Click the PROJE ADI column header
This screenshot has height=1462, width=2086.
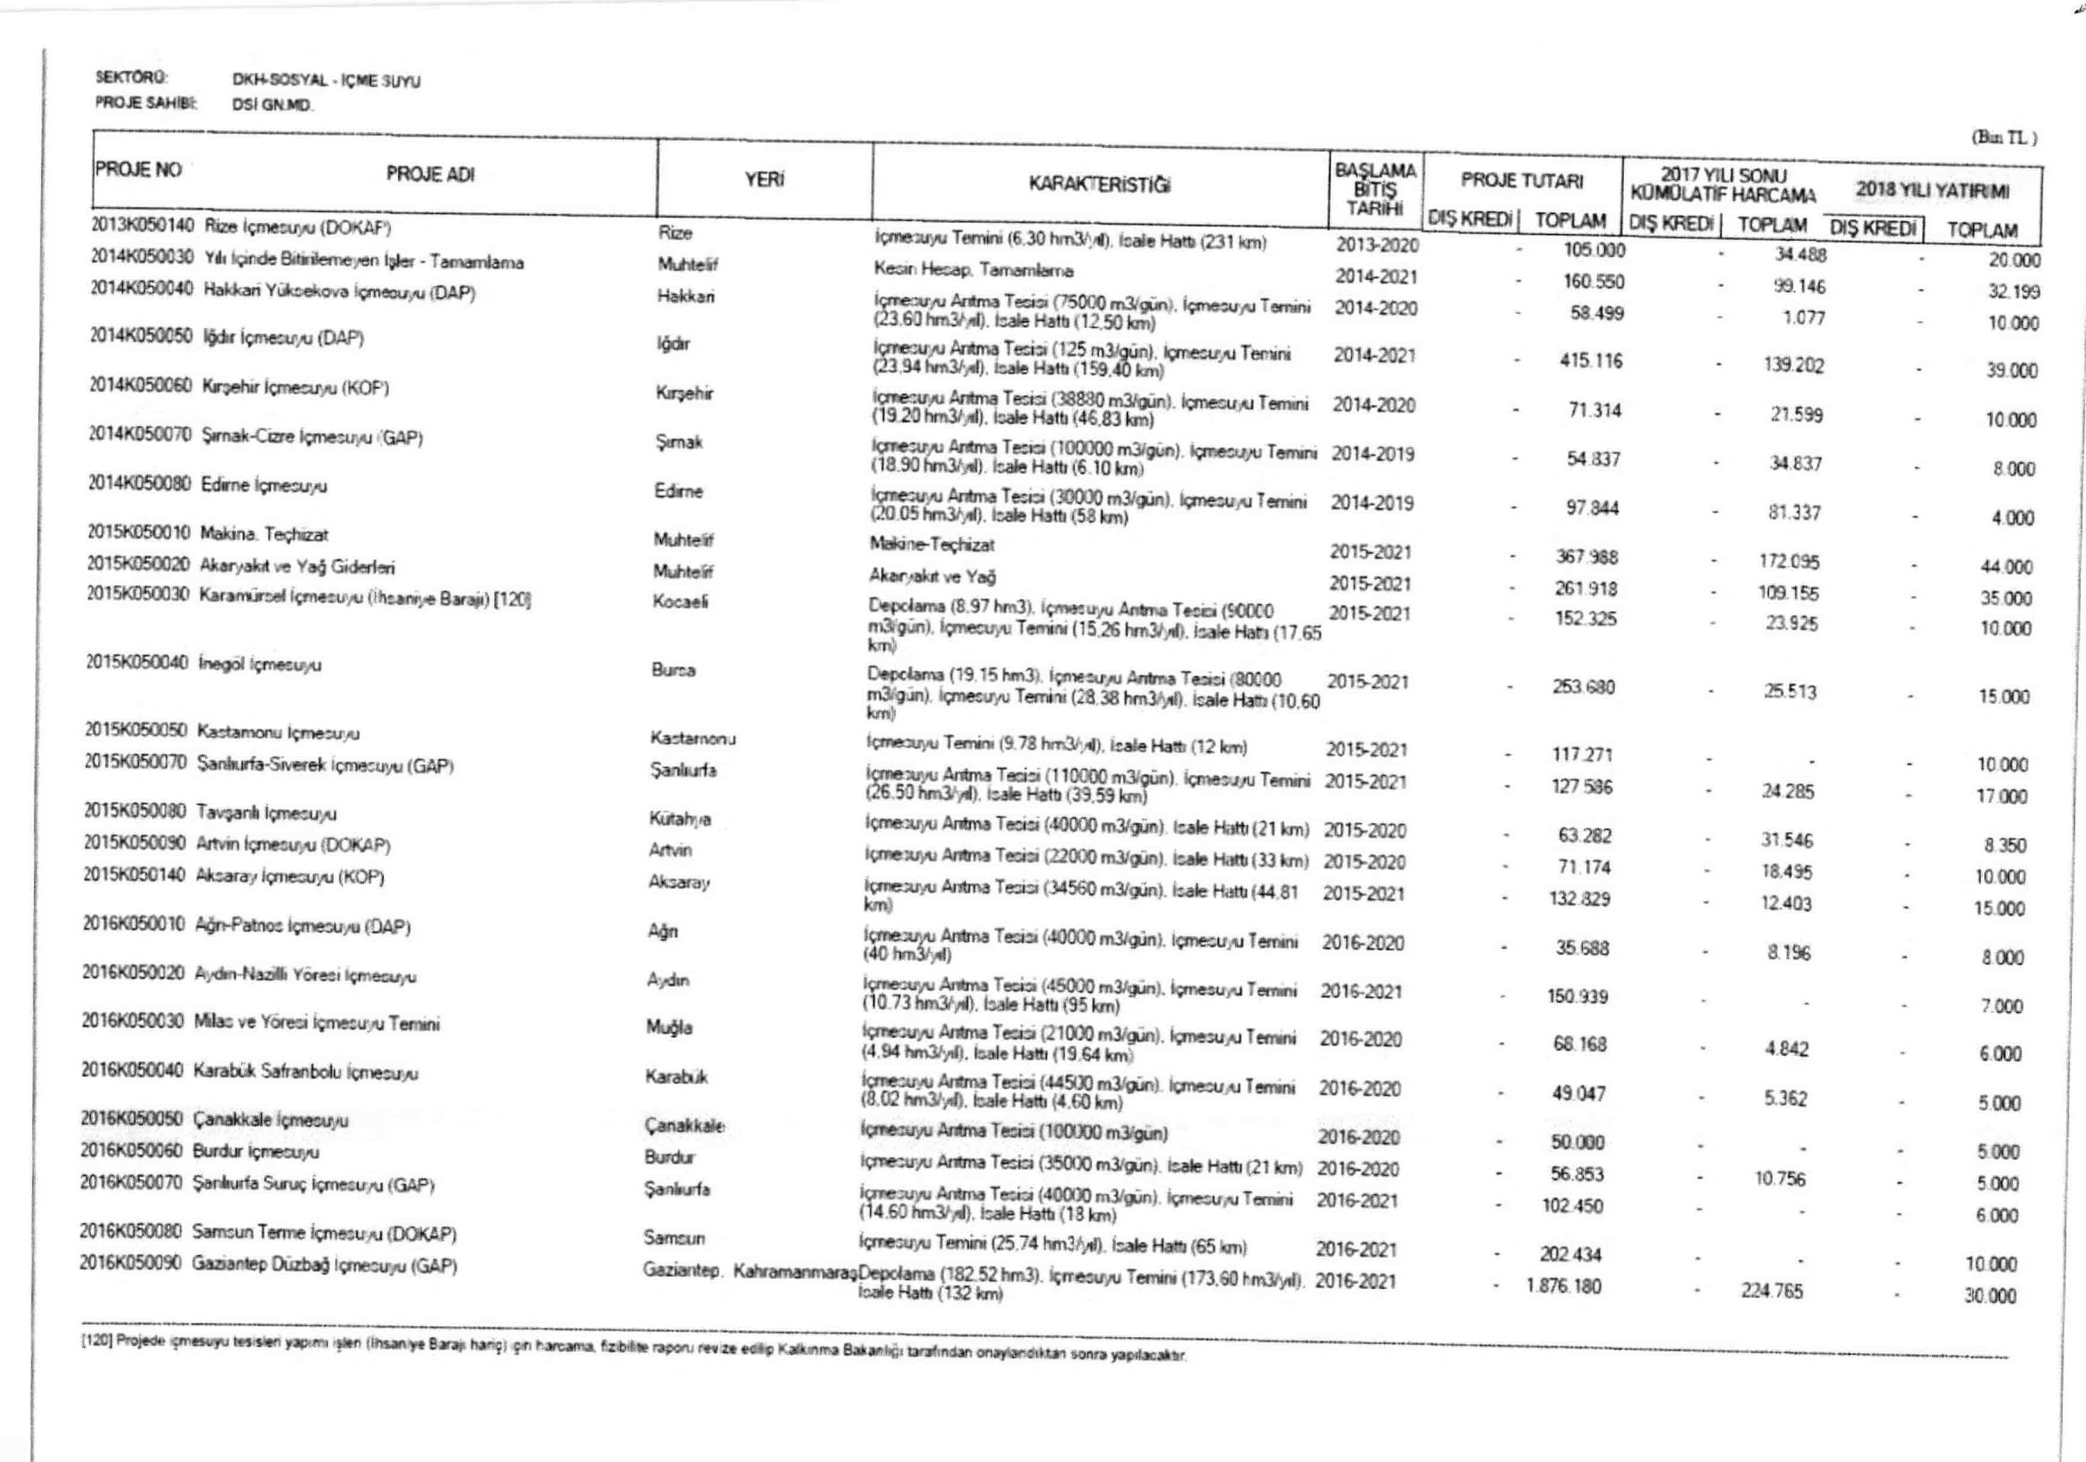click(x=430, y=174)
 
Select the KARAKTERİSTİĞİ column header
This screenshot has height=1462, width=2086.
click(x=1100, y=184)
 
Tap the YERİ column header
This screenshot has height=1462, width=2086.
click(x=764, y=180)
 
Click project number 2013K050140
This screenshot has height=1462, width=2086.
click(x=143, y=224)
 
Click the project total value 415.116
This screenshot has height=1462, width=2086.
click(x=1590, y=360)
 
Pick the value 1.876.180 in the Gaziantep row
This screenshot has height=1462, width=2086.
click(x=1562, y=1286)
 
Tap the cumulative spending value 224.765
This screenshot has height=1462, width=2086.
click(x=1772, y=1290)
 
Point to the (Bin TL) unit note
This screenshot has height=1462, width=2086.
click(x=2003, y=138)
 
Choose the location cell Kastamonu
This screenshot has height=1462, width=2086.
click(x=693, y=738)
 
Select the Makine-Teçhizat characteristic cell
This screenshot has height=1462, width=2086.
click(x=931, y=545)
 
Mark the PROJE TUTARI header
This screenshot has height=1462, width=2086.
click(x=1522, y=181)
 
